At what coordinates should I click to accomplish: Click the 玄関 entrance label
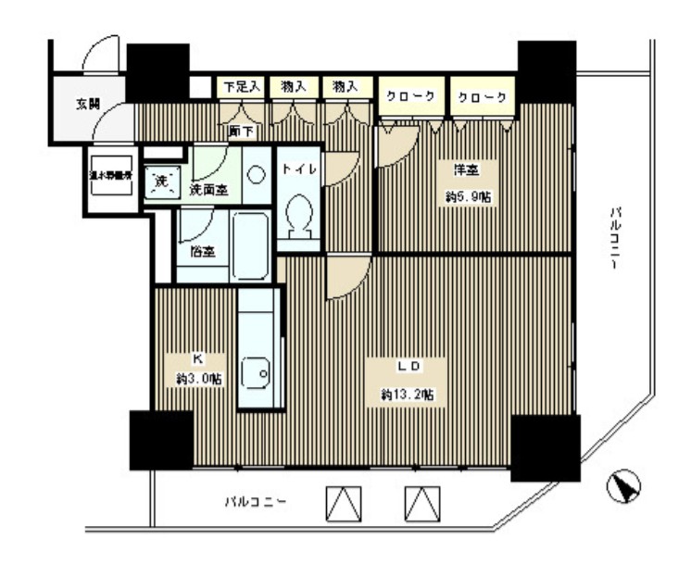[x=89, y=102]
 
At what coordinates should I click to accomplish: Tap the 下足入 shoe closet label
[x=242, y=86]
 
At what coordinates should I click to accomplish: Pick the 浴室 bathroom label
[x=204, y=250]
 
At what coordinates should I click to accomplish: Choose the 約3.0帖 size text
[x=199, y=378]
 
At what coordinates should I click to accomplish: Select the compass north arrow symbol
[x=626, y=486]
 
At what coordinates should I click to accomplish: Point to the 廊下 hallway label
[x=240, y=131]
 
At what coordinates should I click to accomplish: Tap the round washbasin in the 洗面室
[x=257, y=173]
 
